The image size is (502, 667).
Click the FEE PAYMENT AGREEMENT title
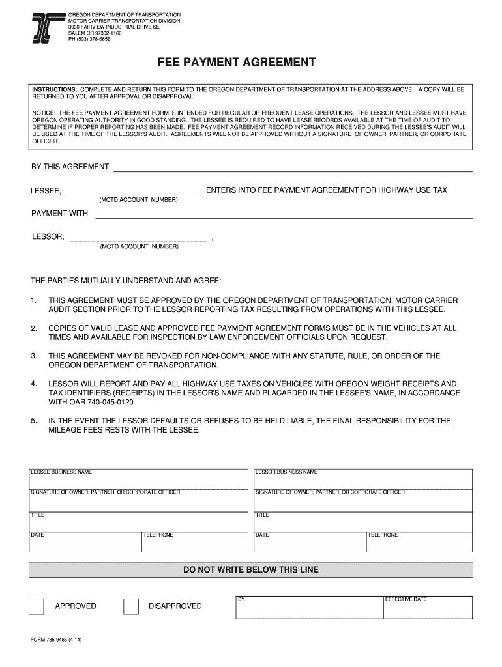tap(237, 63)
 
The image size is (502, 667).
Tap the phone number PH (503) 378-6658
tap(89, 39)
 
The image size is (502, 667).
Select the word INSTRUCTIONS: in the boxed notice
tap(55, 88)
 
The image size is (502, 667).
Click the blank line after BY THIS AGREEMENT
tap(293, 167)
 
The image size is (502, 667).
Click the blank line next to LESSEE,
tap(134, 190)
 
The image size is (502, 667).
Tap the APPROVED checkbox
tap(37, 606)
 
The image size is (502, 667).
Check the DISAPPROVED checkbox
tap(131, 606)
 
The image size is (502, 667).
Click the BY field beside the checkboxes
tap(309, 608)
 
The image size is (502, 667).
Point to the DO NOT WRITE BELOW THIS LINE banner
tap(251, 570)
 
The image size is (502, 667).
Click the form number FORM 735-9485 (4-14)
tap(56, 640)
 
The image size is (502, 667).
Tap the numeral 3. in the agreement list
tap(33, 356)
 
